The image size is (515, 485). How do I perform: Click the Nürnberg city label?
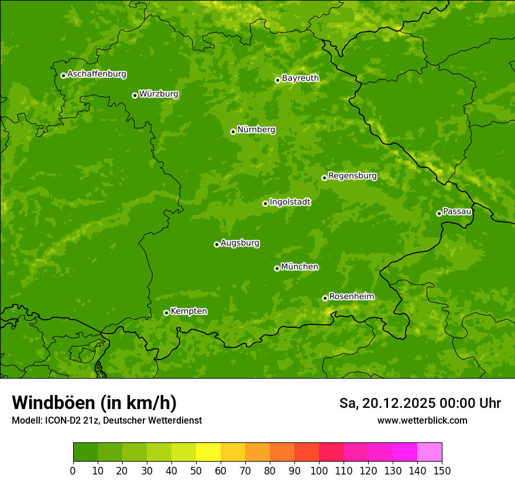point(256,130)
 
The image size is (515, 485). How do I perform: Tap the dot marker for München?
point(277,268)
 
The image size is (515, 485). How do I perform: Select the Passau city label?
point(457,212)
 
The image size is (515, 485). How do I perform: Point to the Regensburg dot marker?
point(324,178)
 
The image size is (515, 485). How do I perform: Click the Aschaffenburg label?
point(97,74)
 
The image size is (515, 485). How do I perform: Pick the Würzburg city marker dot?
point(135,95)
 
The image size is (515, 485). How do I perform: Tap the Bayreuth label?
point(300,78)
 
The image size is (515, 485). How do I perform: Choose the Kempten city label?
point(188,311)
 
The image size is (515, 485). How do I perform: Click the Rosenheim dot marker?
point(325,298)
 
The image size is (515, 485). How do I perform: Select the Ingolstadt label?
point(290,202)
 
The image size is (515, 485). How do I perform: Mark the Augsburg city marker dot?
point(217,244)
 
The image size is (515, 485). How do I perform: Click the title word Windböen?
point(53,403)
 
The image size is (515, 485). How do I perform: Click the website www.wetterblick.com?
point(422,420)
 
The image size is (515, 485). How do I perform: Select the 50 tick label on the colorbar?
point(196,470)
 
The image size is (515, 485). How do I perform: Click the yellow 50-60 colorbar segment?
point(208,452)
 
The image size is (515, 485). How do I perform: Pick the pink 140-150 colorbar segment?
point(430,452)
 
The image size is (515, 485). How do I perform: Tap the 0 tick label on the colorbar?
point(73,470)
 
